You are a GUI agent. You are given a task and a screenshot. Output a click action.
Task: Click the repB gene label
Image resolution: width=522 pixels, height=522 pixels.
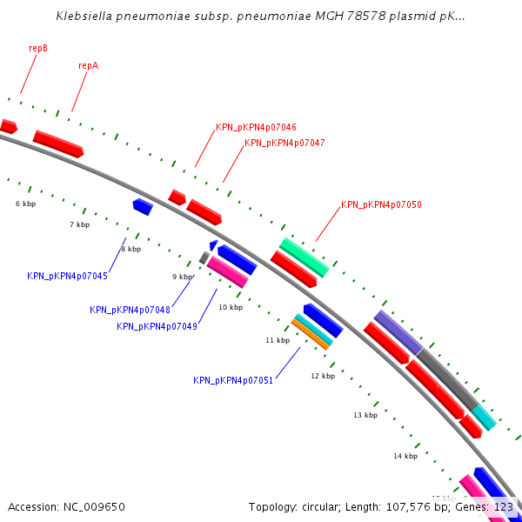pos(38,48)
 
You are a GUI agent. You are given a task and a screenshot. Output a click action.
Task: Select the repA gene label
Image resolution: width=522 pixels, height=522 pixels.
pos(89,65)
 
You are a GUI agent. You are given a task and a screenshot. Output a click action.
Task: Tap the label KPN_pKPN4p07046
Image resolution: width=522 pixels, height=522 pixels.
pos(256,127)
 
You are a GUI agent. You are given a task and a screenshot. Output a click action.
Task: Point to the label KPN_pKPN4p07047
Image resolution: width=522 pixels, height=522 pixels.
pos(284,143)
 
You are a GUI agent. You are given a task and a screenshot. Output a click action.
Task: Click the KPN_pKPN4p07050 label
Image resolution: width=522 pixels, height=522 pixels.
pos(381,204)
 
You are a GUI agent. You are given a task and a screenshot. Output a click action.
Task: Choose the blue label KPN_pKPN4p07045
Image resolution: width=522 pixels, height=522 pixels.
pos(67,276)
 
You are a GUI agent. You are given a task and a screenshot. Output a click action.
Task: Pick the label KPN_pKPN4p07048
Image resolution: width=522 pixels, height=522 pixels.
pos(130,310)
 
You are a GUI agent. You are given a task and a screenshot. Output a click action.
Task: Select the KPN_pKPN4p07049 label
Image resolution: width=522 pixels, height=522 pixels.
pos(157,326)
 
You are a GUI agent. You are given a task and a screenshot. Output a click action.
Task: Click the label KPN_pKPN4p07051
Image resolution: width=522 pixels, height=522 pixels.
pos(233,380)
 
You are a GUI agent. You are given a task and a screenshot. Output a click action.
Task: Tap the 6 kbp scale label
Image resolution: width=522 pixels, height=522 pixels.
pos(25,204)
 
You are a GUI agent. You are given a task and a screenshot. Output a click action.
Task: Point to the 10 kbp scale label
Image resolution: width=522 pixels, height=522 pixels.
pos(231,307)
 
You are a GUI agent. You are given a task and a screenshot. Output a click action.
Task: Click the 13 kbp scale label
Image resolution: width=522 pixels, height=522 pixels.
pos(365,415)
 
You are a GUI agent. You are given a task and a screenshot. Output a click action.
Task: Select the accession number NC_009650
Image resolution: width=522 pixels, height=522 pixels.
pos(94,507)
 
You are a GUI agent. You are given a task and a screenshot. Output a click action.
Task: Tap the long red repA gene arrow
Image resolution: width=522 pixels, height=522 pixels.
pos(58,144)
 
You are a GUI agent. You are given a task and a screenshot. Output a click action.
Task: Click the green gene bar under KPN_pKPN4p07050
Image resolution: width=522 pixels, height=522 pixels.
pos(304,258)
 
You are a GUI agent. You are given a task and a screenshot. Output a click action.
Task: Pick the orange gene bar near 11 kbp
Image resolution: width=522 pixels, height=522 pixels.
pos(311,334)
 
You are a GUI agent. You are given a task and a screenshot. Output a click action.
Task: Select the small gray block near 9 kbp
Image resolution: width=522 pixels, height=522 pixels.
pos(204,258)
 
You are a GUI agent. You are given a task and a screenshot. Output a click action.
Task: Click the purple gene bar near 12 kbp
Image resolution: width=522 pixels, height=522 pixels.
pos(398,332)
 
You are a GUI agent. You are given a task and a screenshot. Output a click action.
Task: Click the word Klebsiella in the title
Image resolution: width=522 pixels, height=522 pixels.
pos(84,16)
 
